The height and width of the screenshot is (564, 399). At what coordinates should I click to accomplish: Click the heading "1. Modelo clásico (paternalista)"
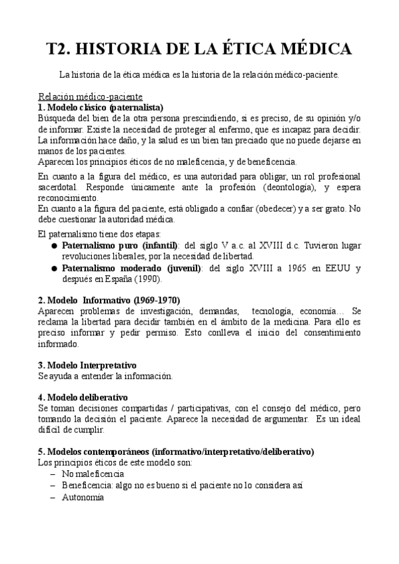[x=101, y=107]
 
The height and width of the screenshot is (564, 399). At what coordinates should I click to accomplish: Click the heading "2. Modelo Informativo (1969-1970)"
[x=109, y=300]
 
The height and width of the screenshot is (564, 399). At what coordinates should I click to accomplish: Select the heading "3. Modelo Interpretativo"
[x=87, y=365]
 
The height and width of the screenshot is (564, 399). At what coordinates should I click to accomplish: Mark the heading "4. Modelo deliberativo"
[x=82, y=397]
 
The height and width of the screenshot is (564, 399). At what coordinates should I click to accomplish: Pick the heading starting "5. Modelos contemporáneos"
[x=176, y=452]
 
